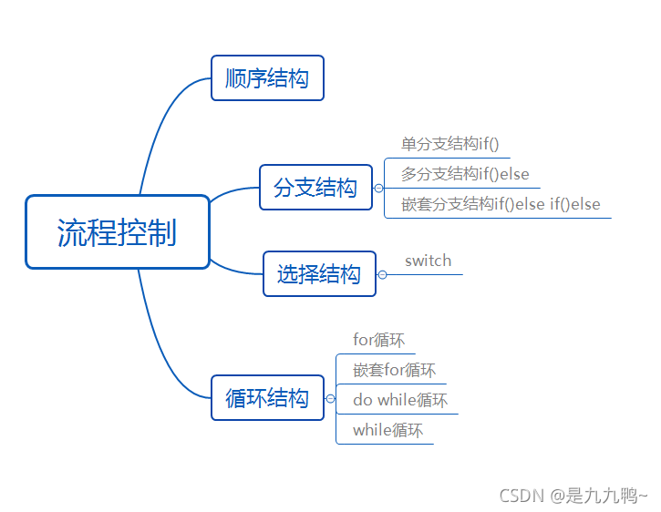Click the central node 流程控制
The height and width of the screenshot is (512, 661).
(117, 232)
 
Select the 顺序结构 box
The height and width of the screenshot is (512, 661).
(267, 78)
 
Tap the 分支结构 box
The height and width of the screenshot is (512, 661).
(315, 188)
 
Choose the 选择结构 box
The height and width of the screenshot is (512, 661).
(319, 274)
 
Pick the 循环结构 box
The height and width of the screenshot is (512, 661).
(267, 398)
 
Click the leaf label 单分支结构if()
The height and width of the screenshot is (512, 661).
(450, 144)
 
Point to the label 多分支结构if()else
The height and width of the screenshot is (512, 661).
(465, 174)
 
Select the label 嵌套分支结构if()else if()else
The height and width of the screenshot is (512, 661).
(501, 204)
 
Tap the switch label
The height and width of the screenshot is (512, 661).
(429, 261)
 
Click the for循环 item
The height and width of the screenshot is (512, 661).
(378, 340)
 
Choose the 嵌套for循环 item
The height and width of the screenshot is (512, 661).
(394, 370)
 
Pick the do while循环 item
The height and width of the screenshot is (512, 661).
(400, 400)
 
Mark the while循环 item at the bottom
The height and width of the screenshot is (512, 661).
(387, 430)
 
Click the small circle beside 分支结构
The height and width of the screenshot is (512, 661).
(378, 189)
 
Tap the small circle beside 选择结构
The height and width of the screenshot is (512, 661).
(383, 274)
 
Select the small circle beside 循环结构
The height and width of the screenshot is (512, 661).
(330, 398)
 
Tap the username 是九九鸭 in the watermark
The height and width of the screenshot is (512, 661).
(602, 496)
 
